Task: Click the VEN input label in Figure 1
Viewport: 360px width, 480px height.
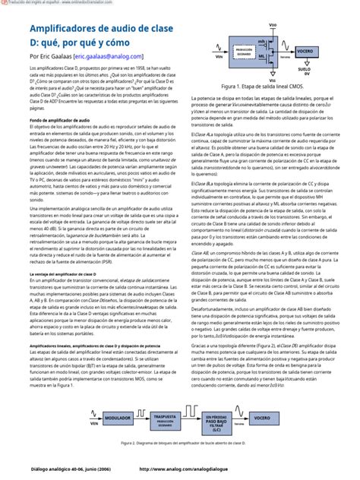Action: point(218,56)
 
